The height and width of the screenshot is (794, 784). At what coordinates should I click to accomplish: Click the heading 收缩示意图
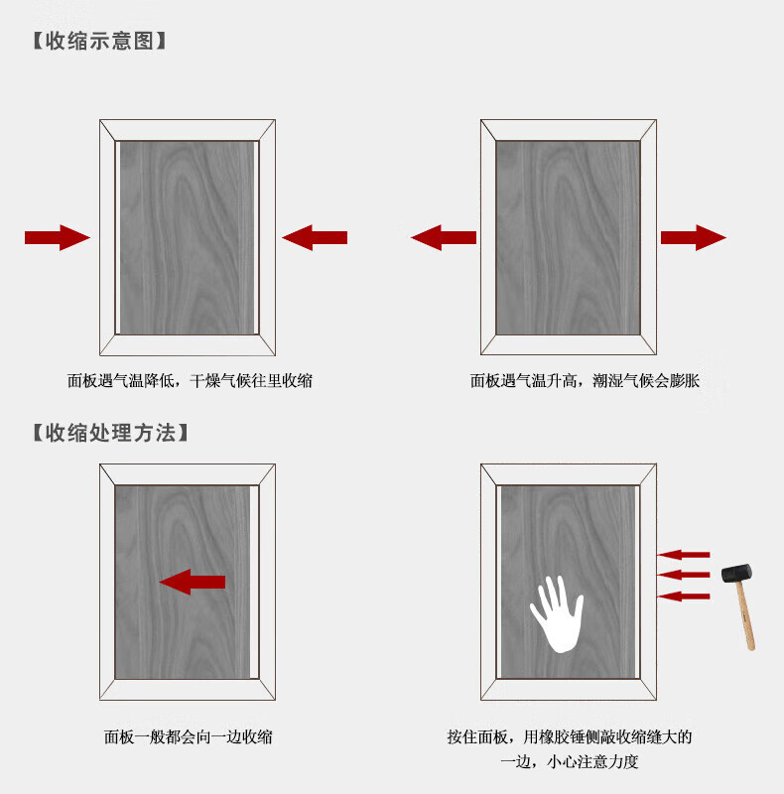tap(99, 41)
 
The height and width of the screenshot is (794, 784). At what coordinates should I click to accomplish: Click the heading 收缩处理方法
tap(110, 433)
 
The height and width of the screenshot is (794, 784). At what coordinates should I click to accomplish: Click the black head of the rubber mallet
tap(737, 574)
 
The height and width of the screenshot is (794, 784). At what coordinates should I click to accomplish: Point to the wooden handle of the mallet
tap(745, 616)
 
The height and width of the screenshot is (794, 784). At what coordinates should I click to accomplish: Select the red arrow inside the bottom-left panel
tap(192, 582)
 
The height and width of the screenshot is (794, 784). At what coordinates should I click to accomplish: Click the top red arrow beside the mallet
tap(683, 555)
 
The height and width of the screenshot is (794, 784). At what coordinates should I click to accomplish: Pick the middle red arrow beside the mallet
tap(683, 575)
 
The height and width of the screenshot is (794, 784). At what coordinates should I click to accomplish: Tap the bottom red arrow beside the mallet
tap(683, 596)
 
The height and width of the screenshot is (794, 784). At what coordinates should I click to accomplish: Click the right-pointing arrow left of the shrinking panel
tap(58, 237)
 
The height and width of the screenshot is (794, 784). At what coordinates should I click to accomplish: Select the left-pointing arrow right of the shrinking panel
tap(315, 237)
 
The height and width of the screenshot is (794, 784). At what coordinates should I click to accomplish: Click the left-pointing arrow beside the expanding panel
tap(444, 237)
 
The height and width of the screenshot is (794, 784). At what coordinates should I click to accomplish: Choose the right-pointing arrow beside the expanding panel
tap(694, 237)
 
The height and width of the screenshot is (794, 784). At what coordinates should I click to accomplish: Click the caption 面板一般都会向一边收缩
tap(188, 737)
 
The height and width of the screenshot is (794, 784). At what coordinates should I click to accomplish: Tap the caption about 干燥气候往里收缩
tap(190, 381)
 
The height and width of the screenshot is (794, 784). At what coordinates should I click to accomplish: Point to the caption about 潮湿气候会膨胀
tap(585, 381)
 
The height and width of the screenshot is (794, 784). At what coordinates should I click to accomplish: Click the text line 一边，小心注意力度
tap(569, 761)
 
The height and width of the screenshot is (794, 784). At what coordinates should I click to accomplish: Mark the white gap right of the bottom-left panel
tap(254, 583)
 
